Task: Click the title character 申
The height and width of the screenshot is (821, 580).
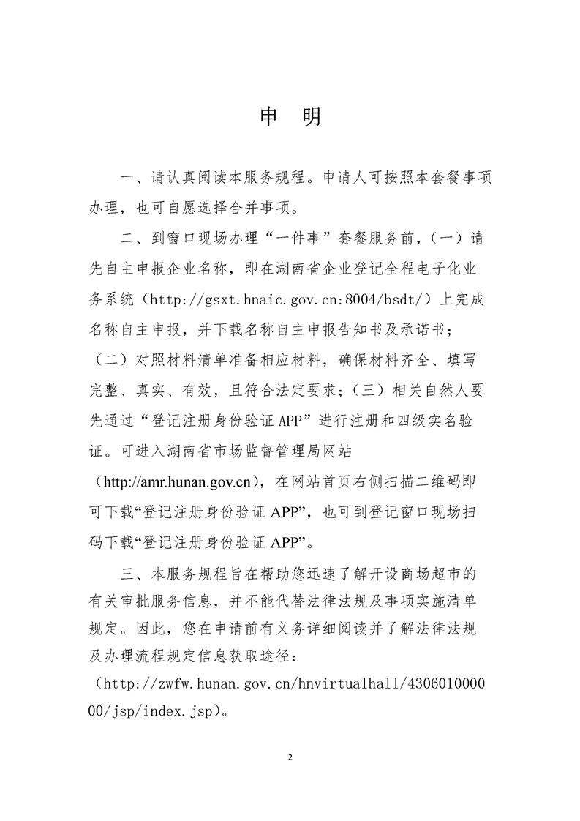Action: click(270, 117)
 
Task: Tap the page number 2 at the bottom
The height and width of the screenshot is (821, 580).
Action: click(290, 756)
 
